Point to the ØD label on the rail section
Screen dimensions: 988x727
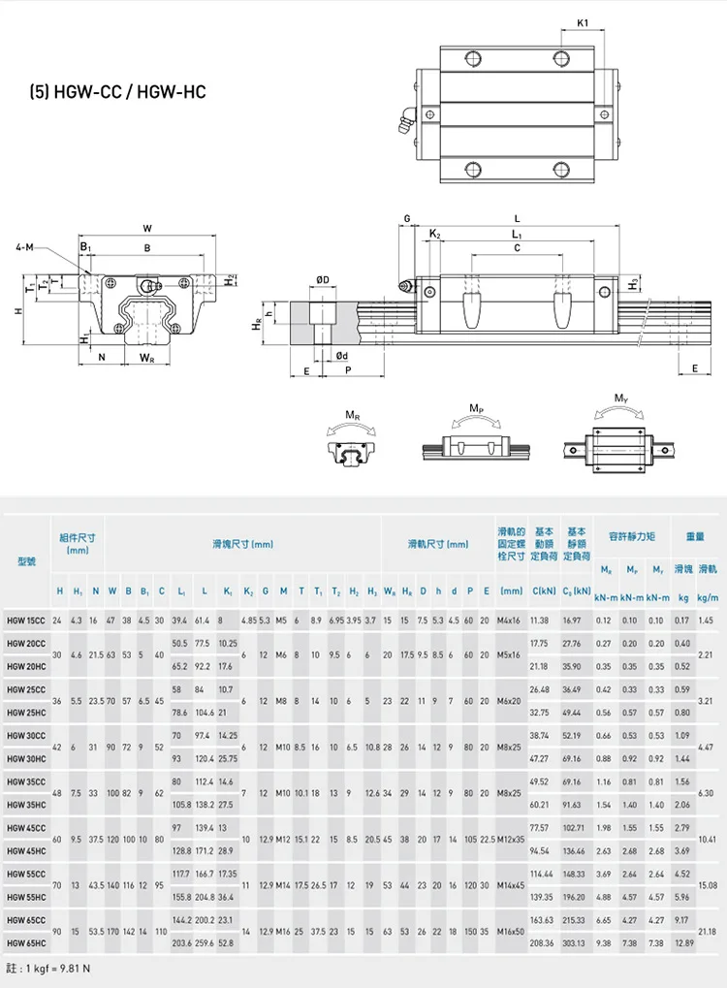click(x=322, y=280)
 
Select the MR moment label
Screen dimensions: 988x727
click(x=355, y=416)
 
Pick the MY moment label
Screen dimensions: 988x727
click(x=620, y=398)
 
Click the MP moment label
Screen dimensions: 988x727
click(x=476, y=409)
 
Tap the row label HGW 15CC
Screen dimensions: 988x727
click(x=25, y=620)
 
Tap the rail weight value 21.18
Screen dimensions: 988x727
click(x=708, y=932)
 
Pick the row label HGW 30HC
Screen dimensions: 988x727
click(x=25, y=758)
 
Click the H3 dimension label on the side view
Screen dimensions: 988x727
click(x=633, y=283)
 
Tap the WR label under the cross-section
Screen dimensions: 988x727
click(x=146, y=358)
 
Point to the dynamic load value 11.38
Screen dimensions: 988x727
click(x=540, y=620)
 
